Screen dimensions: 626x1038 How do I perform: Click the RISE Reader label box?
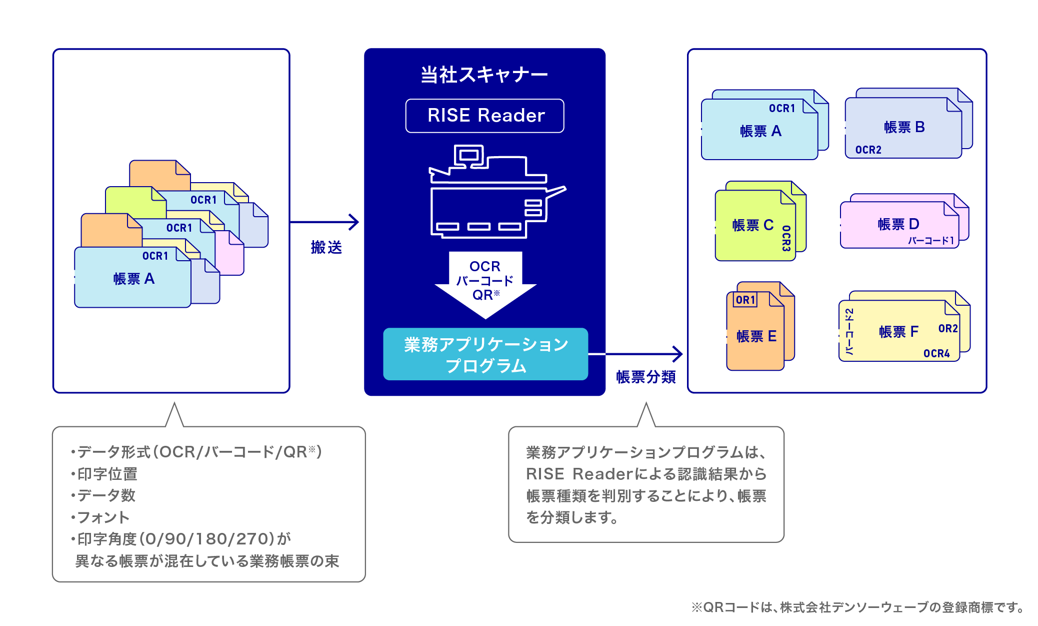click(484, 116)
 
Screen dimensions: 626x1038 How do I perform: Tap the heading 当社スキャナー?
click(484, 75)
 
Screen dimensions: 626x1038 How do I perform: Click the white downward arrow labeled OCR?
click(485, 283)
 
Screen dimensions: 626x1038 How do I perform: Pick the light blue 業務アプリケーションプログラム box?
click(485, 354)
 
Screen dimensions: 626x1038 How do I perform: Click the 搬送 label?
click(326, 247)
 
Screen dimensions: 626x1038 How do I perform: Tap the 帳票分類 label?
click(645, 377)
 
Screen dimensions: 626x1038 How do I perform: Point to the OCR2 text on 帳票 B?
click(868, 150)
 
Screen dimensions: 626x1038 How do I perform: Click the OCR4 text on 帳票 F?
click(936, 353)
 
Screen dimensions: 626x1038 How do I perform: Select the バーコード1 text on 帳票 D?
click(930, 241)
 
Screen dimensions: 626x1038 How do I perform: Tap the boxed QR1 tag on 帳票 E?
click(745, 300)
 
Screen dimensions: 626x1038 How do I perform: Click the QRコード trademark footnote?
click(857, 607)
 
